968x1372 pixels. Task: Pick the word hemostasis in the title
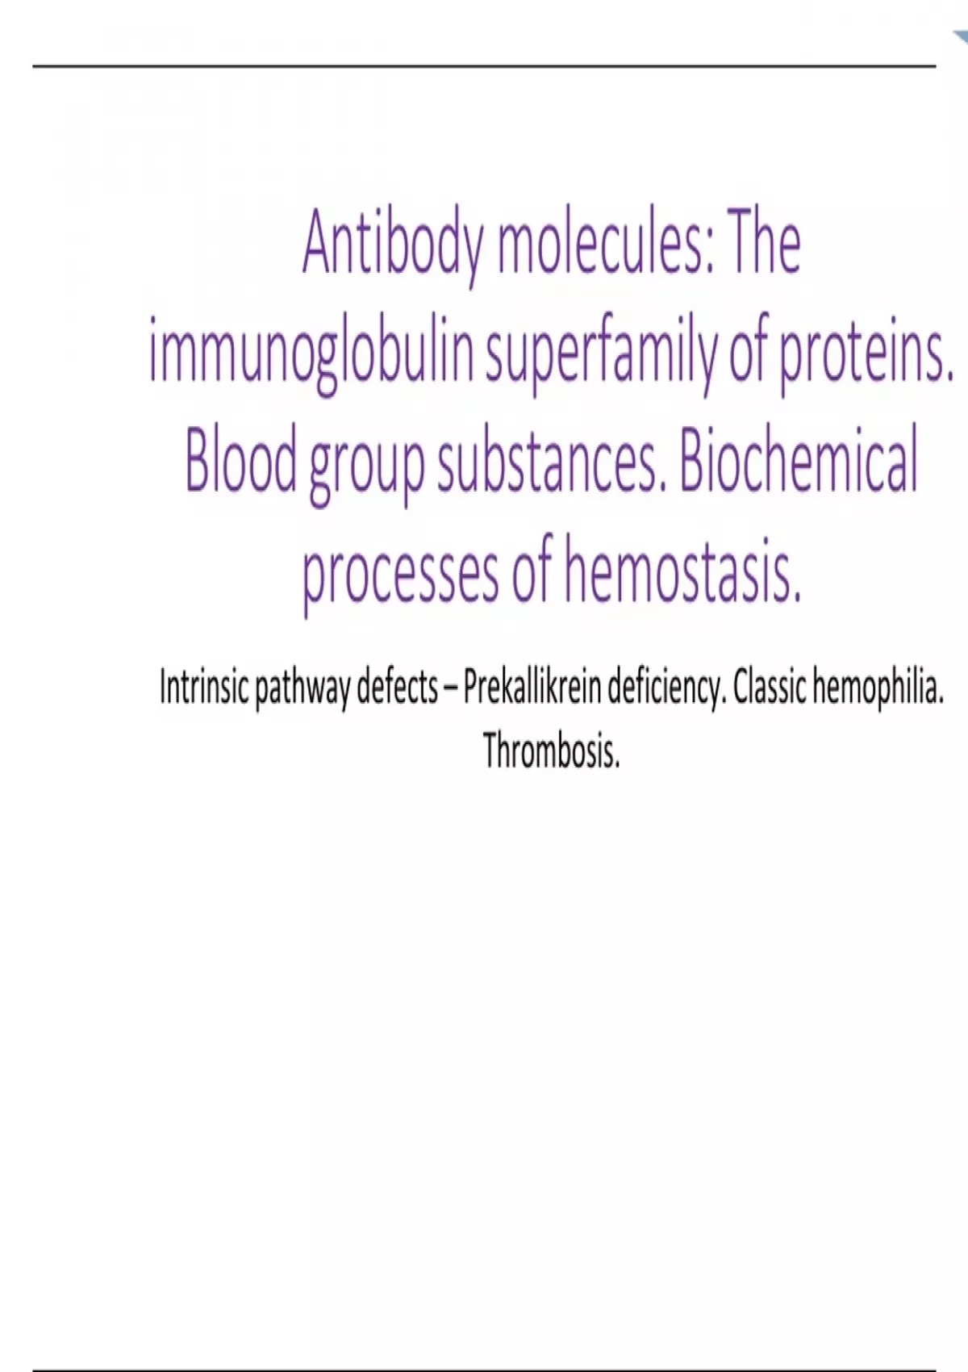point(682,570)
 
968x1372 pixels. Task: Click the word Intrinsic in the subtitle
point(204,688)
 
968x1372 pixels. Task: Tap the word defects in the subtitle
point(397,688)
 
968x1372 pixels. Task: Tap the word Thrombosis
point(552,751)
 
